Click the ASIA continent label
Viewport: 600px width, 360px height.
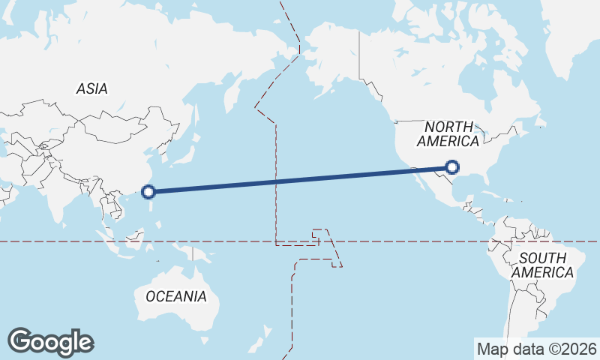(x=91, y=88)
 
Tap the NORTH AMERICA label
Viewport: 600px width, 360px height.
(x=448, y=133)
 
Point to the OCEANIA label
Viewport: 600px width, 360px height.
(x=175, y=296)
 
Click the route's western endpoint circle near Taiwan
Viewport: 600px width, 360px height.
(x=148, y=191)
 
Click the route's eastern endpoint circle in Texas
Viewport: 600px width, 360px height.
(x=451, y=167)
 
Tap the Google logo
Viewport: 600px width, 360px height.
(x=50, y=342)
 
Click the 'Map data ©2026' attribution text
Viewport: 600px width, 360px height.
(x=536, y=349)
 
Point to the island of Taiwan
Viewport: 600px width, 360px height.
(x=154, y=194)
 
